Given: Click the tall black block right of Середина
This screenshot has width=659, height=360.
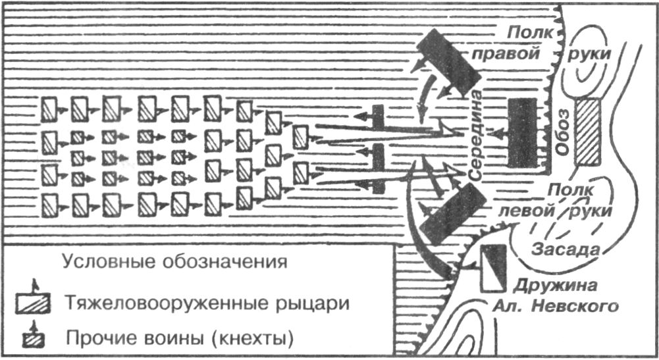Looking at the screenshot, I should (x=521, y=132).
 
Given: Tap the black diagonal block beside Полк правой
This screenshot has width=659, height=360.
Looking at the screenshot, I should (x=452, y=61).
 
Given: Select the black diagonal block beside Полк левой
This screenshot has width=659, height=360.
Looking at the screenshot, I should (x=451, y=211).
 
